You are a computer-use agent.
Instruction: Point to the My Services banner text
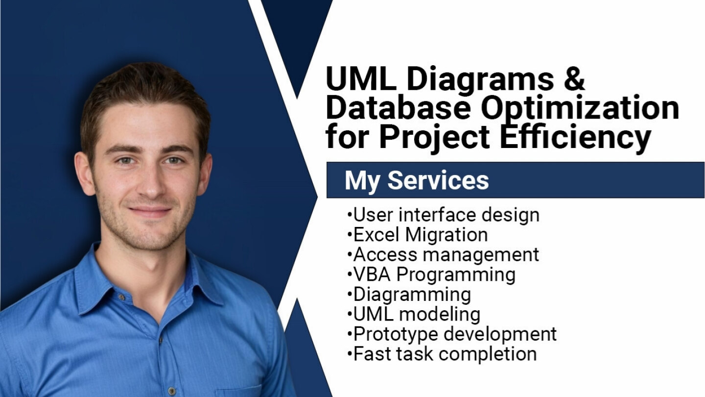pyautogui.click(x=417, y=180)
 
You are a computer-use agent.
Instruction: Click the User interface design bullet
pyautogui.click(x=443, y=215)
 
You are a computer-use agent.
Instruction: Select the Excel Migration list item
pyautogui.click(x=417, y=235)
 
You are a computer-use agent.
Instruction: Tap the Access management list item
pyautogui.click(x=443, y=254)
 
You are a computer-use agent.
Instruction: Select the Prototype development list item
pyautogui.click(x=451, y=334)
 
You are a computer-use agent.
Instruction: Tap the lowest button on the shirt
pyautogui.click(x=171, y=391)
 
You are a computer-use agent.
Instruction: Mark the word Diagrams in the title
pyautogui.click(x=480, y=80)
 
